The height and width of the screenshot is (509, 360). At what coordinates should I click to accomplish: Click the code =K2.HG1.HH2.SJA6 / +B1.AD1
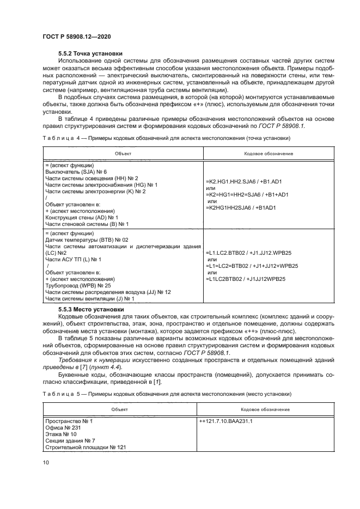click(x=243, y=181)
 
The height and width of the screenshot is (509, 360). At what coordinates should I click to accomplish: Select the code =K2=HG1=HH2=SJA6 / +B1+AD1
click(x=247, y=194)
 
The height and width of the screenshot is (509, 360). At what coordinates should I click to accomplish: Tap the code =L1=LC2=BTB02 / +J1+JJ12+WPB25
click(x=252, y=266)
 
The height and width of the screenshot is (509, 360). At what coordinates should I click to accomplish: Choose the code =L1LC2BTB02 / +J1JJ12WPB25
click(x=246, y=280)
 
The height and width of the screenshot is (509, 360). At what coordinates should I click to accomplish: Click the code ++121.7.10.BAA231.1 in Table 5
click(x=229, y=421)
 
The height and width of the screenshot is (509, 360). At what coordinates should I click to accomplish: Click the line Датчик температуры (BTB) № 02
click(x=87, y=240)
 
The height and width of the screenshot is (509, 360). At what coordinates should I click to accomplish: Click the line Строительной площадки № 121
click(x=86, y=447)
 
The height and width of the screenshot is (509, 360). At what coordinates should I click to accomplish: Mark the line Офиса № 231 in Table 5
click(x=63, y=428)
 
